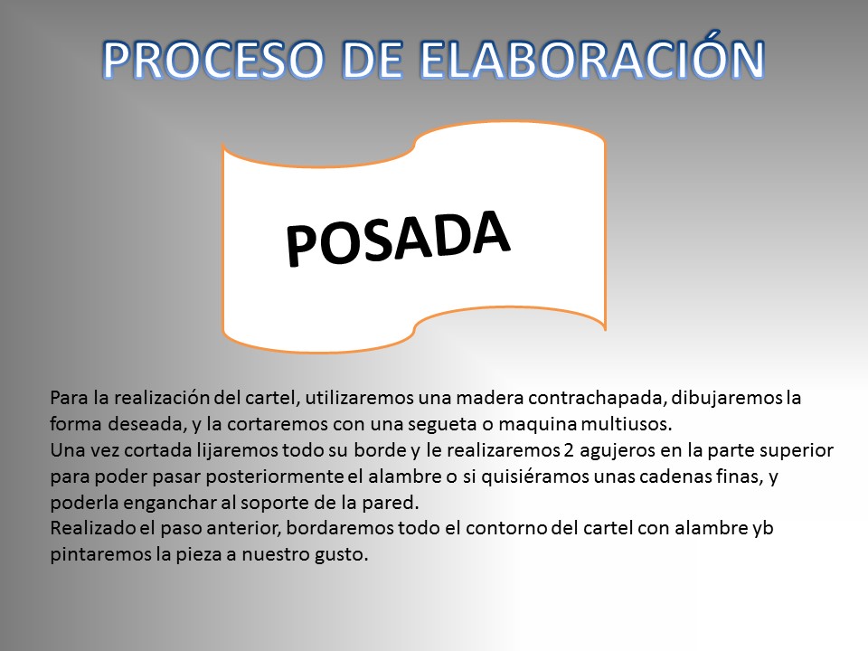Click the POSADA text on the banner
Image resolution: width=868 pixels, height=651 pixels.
pyautogui.click(x=398, y=238)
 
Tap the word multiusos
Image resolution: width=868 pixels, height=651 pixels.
pyautogui.click(x=626, y=424)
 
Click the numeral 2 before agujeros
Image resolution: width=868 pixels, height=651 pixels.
pyautogui.click(x=569, y=450)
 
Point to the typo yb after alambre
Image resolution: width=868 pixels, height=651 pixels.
pyautogui.click(x=763, y=529)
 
